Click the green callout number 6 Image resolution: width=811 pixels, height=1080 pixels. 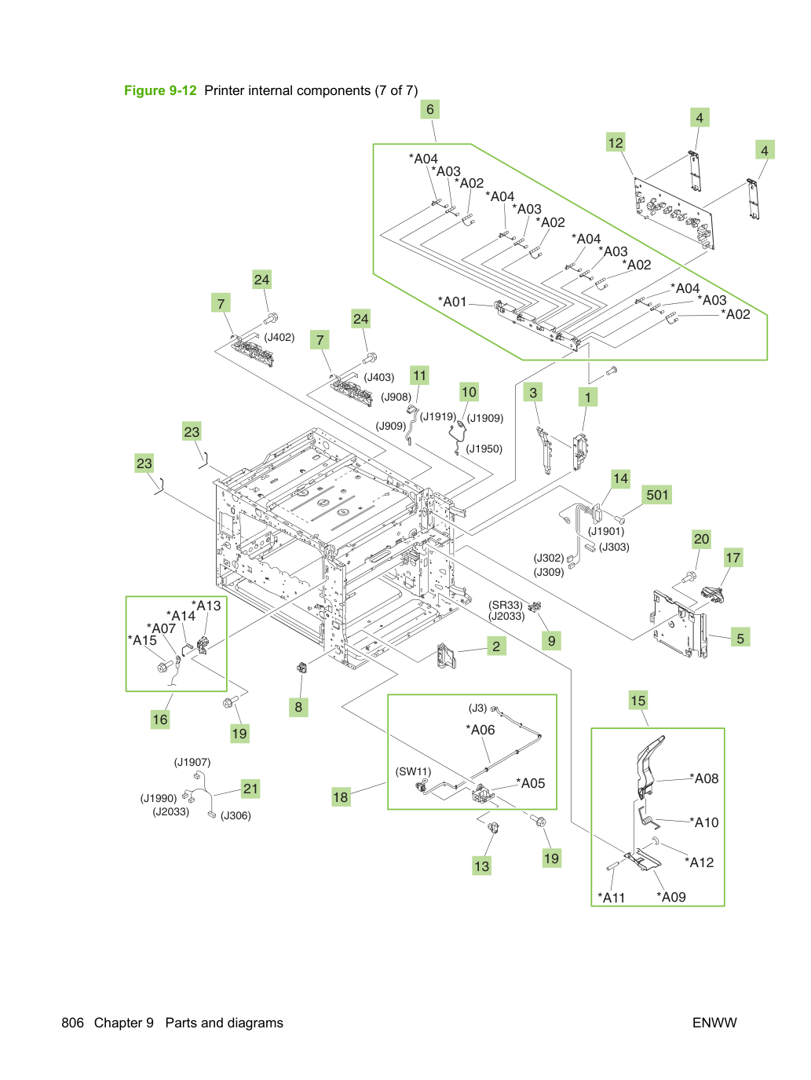tap(430, 109)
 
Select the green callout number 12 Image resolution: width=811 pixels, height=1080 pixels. tap(616, 143)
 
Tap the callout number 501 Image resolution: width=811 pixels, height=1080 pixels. tap(657, 495)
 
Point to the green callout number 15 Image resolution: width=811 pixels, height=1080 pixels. tap(637, 700)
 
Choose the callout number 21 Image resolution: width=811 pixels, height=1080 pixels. tap(250, 789)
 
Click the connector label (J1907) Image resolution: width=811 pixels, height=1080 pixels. tap(192, 762)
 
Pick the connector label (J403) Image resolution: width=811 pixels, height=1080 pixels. tap(379, 377)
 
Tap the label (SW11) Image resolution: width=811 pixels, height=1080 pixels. tap(413, 771)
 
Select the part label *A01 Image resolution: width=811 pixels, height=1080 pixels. tap(452, 302)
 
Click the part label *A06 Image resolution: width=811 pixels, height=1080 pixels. tap(480, 730)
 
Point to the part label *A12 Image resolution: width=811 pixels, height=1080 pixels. tap(699, 862)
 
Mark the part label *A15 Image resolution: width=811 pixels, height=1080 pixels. tap(142, 640)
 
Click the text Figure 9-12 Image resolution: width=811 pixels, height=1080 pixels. tap(160, 90)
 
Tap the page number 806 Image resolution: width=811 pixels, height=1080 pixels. tap(73, 1023)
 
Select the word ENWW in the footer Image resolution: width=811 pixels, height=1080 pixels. tap(714, 1023)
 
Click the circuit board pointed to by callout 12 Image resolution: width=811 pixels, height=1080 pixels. tap(674, 214)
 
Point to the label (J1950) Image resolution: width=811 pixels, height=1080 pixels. tap(484, 448)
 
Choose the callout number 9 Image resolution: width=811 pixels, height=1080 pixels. tap(551, 641)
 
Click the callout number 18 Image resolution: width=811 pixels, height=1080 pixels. tap(340, 797)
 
